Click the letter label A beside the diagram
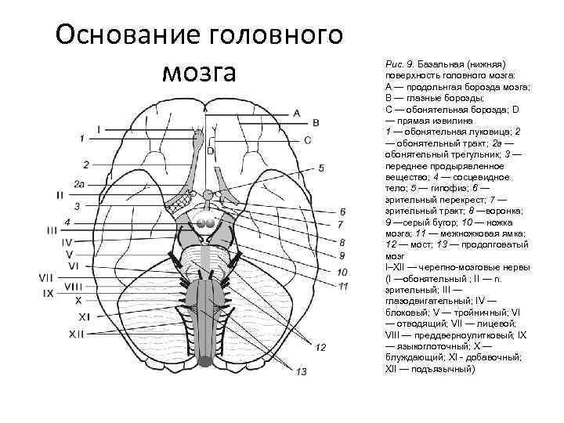(x=296, y=113)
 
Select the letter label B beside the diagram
(x=316, y=123)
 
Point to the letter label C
(x=308, y=139)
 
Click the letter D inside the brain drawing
(x=210, y=150)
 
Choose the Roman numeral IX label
(x=49, y=293)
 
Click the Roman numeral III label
(x=52, y=230)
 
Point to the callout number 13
(x=302, y=371)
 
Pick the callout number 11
(x=343, y=285)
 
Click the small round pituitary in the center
(x=207, y=193)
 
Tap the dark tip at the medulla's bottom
(x=205, y=361)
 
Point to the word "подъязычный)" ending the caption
(x=444, y=369)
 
